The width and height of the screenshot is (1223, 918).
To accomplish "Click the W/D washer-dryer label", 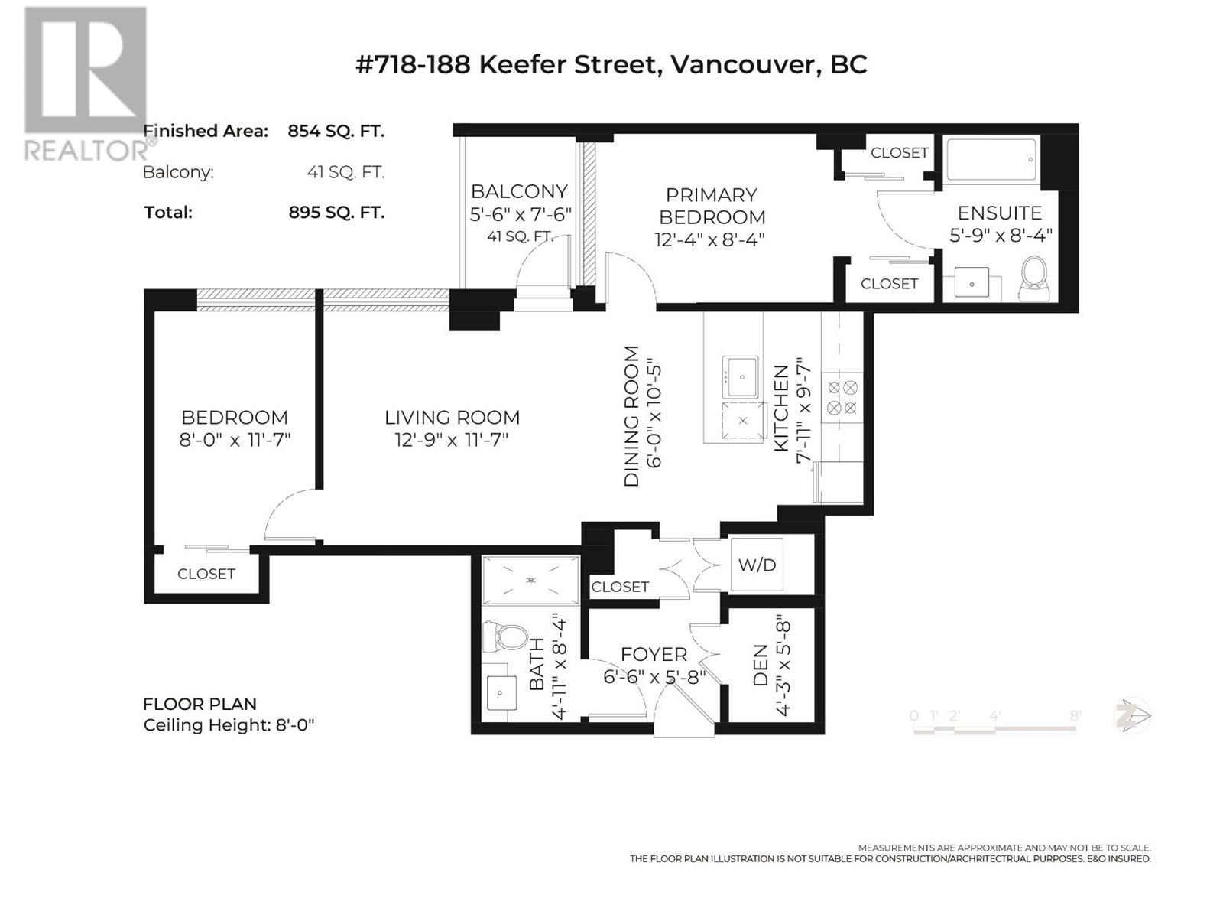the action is (757, 565).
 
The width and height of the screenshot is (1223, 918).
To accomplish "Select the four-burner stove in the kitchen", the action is (842, 397).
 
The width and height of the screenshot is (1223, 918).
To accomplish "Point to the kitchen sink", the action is (741, 377).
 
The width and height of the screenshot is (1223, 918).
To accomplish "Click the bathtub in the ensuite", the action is (991, 159).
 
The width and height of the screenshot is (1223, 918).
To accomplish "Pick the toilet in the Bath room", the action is (505, 638).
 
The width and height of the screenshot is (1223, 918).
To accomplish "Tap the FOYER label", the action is (654, 654).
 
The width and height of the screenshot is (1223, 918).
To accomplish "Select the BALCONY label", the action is (519, 191).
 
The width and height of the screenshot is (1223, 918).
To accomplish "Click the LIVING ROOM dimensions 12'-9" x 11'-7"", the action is (452, 440).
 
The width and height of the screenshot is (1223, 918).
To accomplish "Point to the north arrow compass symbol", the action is (1131, 716).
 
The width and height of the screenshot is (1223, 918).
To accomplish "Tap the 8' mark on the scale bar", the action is (1075, 715).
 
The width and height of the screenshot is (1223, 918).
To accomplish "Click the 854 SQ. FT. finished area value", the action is (336, 131).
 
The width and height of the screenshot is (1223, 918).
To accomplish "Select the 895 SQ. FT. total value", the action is (336, 213).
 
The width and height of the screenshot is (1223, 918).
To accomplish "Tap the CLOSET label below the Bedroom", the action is (206, 574).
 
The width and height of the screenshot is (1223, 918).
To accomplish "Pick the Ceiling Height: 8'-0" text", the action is (229, 725).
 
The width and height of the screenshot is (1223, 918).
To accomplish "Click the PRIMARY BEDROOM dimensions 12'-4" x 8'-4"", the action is (710, 239).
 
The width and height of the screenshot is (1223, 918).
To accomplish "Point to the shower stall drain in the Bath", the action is (530, 580).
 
